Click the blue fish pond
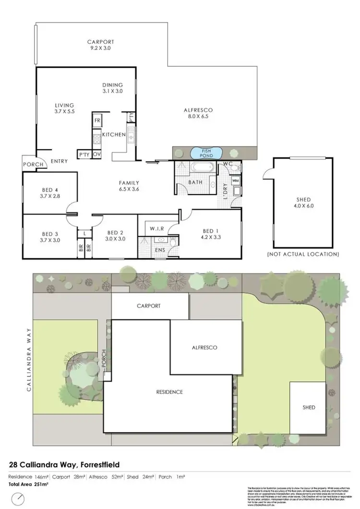point(206,153)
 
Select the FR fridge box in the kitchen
point(97,120)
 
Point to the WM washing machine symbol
point(235,180)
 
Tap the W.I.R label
point(157,228)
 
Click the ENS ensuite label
point(159,250)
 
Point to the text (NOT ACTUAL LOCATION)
point(303,254)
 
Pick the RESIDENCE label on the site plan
point(169,392)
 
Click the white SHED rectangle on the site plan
point(309,407)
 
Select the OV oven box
point(96,154)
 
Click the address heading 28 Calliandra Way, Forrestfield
point(65,464)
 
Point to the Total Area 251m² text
point(29,485)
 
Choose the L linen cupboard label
point(84,233)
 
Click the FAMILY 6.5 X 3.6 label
point(129,185)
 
